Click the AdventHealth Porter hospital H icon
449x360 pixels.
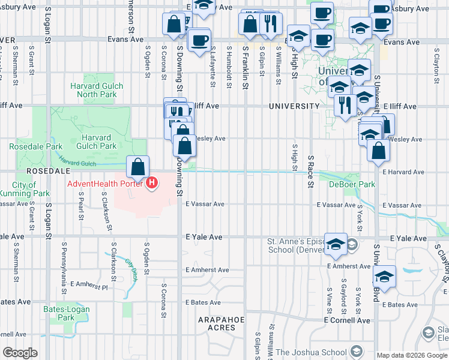[x=152, y=182]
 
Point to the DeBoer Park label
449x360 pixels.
[x=352, y=184]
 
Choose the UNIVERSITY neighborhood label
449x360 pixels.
[x=294, y=106]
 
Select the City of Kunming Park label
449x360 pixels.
[x=31, y=189]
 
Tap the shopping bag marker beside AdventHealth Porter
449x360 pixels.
[x=138, y=167]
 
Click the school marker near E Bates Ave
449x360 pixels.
[x=384, y=278]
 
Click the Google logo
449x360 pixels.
[x=20, y=352]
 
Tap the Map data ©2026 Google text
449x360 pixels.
[x=411, y=355]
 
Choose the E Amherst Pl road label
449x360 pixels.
[x=88, y=284]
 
